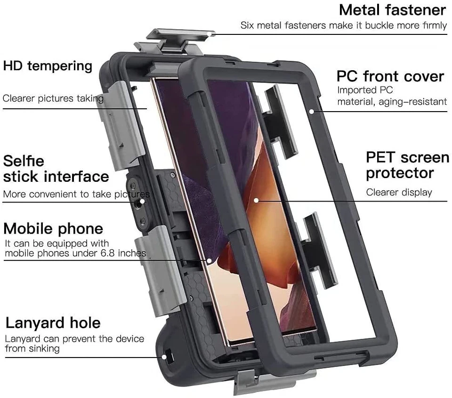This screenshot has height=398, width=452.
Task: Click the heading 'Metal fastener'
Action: [392, 10]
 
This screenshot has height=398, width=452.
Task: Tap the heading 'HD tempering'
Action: [48, 66]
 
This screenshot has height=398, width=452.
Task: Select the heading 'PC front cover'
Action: [390, 76]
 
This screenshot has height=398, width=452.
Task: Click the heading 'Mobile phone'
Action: [53, 229]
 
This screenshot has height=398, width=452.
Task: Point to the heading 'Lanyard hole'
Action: [53, 323]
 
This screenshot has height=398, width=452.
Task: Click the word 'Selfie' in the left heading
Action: [24, 161]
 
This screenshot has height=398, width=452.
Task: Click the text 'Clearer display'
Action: [399, 192]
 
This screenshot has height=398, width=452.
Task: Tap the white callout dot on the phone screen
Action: [256, 200]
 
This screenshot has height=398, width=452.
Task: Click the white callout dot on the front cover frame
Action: [311, 111]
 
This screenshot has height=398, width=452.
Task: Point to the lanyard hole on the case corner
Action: [168, 356]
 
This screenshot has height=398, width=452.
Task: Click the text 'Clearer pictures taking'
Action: [53, 98]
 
